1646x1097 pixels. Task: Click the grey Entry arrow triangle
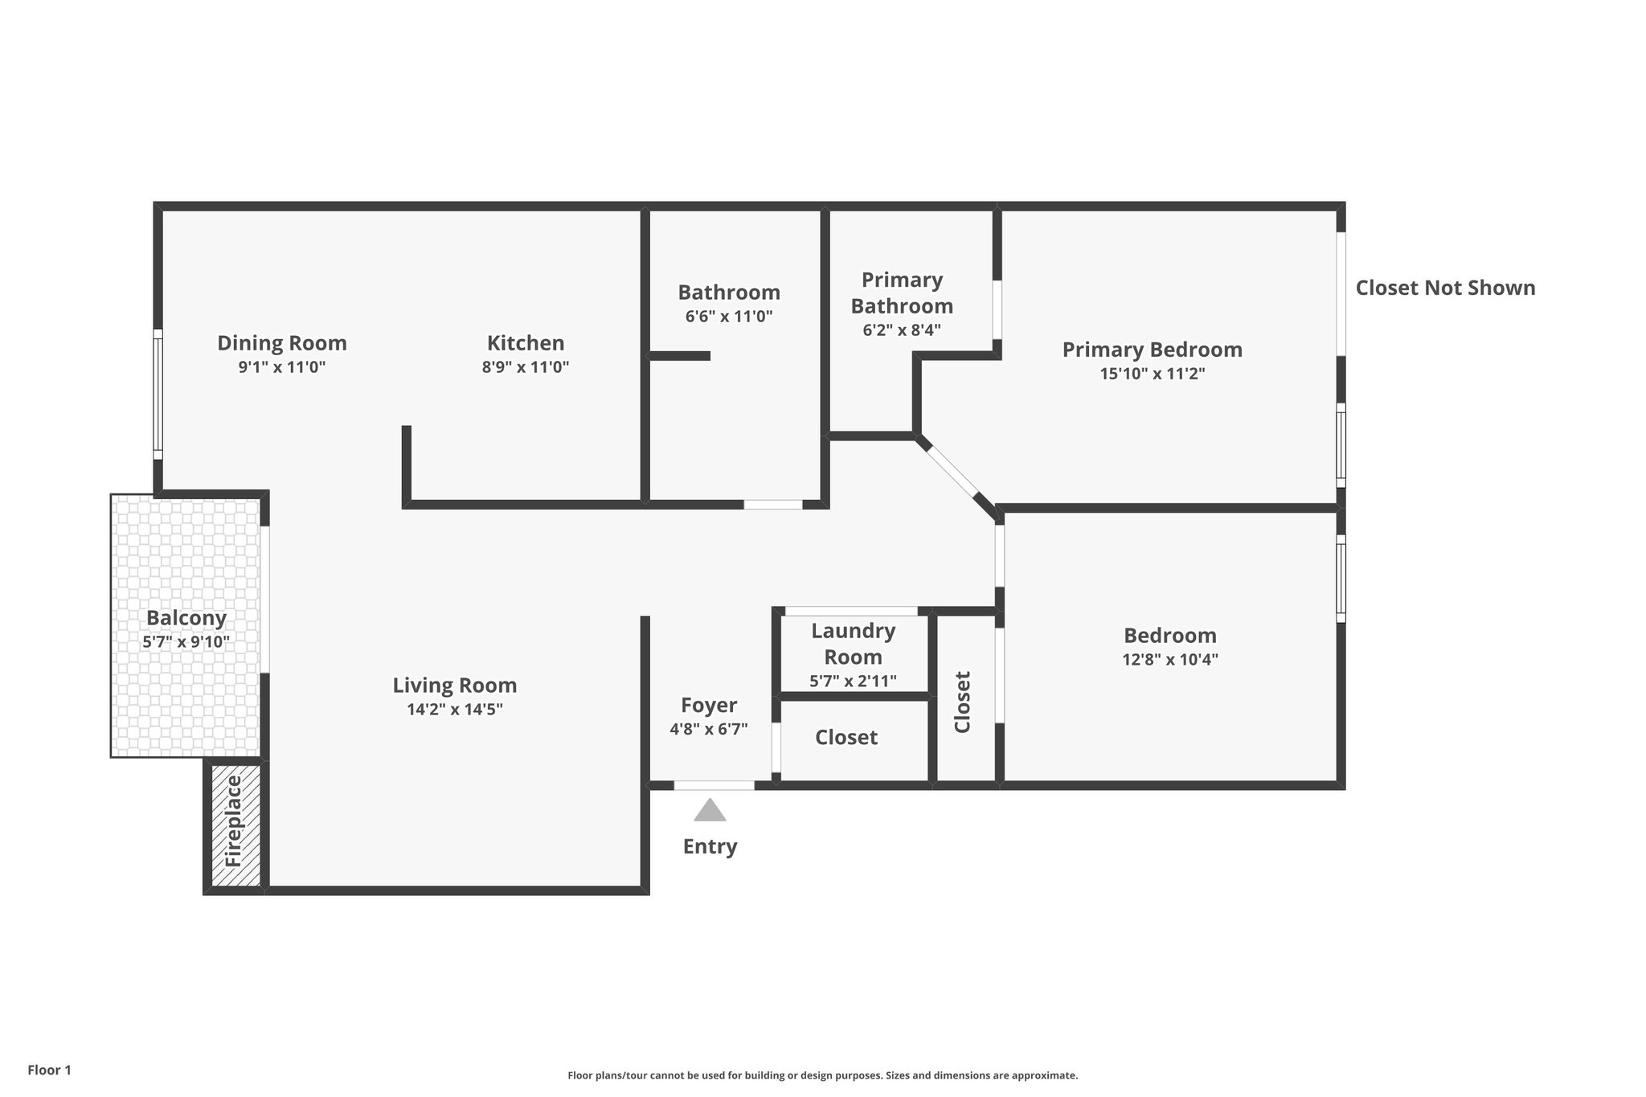[x=710, y=811]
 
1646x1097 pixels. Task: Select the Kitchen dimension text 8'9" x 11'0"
[x=526, y=367]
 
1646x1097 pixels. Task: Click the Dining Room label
[x=282, y=343]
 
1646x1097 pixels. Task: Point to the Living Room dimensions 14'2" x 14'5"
[x=455, y=710]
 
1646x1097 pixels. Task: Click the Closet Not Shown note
[x=1445, y=288]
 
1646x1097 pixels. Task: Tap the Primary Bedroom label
[x=1152, y=350]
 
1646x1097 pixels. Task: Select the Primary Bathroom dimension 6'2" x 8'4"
[x=902, y=330]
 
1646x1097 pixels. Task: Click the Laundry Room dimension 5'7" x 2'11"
[x=853, y=682]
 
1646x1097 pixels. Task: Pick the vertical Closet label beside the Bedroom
[x=963, y=702]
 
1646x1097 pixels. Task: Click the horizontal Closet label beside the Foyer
[x=846, y=737]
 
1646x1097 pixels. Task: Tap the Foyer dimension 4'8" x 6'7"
[x=709, y=730]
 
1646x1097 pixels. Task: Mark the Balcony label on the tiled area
[x=186, y=618]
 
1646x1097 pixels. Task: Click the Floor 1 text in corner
[x=50, y=1070]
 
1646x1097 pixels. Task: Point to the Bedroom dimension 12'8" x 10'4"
[x=1170, y=660]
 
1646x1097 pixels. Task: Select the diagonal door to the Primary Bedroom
[x=952, y=472]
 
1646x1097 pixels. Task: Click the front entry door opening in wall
[x=714, y=785]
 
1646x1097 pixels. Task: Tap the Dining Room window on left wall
[x=158, y=394]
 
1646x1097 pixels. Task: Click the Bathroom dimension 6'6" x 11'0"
[x=729, y=317]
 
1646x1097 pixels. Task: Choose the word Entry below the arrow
[x=710, y=846]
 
